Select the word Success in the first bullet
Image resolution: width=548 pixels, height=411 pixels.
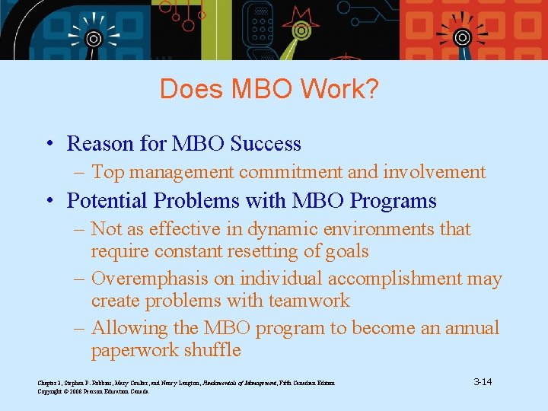[266, 144]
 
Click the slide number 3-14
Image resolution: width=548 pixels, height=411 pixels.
[482, 381]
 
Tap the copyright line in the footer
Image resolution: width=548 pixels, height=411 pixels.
[93, 390]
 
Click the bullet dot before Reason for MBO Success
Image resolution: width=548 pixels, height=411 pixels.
[49, 145]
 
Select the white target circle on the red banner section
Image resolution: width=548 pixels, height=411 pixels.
[462, 37]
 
